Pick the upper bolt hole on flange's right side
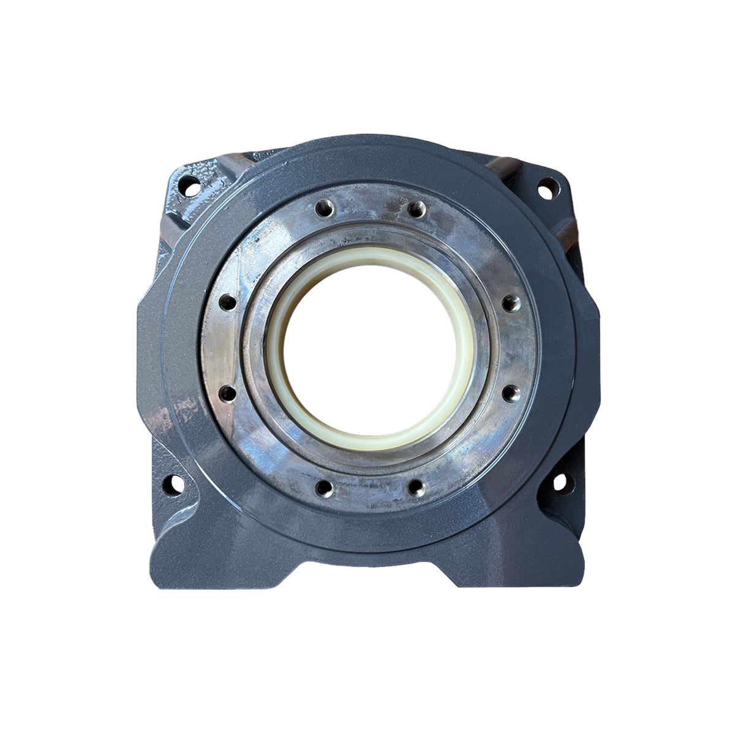pos(510,302)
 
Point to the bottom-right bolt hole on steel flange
pos(416,488)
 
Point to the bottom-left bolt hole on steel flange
pos(323,488)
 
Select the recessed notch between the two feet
pos(367,567)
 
